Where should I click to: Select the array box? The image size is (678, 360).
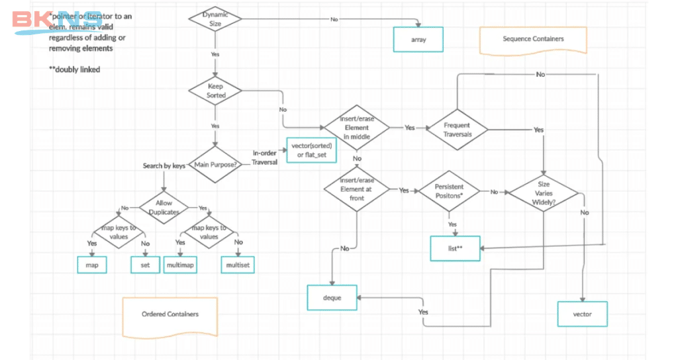418,40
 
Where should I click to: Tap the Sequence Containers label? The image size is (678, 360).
533,40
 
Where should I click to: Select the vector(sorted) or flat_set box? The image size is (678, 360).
312,150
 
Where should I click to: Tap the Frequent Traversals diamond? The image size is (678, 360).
457,130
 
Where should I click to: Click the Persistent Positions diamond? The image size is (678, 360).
449,191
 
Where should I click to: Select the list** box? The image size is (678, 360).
455,248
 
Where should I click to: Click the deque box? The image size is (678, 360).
332,298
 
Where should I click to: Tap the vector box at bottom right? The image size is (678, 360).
582,314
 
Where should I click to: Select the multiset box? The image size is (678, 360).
238,265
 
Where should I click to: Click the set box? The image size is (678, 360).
145,265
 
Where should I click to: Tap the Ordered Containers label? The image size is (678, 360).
170,315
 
